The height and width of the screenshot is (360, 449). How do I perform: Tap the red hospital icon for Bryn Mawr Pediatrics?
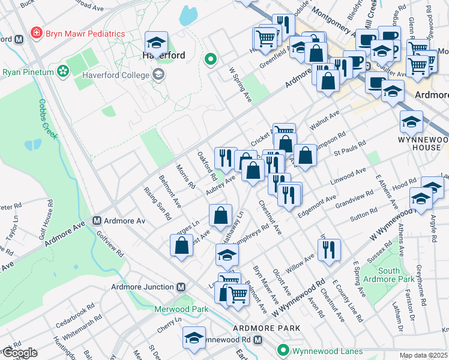(37, 32)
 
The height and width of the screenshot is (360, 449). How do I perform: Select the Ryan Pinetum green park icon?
(62, 72)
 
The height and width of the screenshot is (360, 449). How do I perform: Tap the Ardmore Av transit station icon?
(97, 221)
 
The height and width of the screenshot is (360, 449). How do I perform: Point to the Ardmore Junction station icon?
(181, 287)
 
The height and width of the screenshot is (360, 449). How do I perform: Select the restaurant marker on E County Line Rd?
(328, 249)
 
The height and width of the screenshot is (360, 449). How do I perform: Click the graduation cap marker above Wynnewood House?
(412, 121)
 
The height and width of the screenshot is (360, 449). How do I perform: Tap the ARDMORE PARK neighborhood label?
(261, 328)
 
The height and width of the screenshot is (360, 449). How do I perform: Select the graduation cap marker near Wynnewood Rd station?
(194, 337)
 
